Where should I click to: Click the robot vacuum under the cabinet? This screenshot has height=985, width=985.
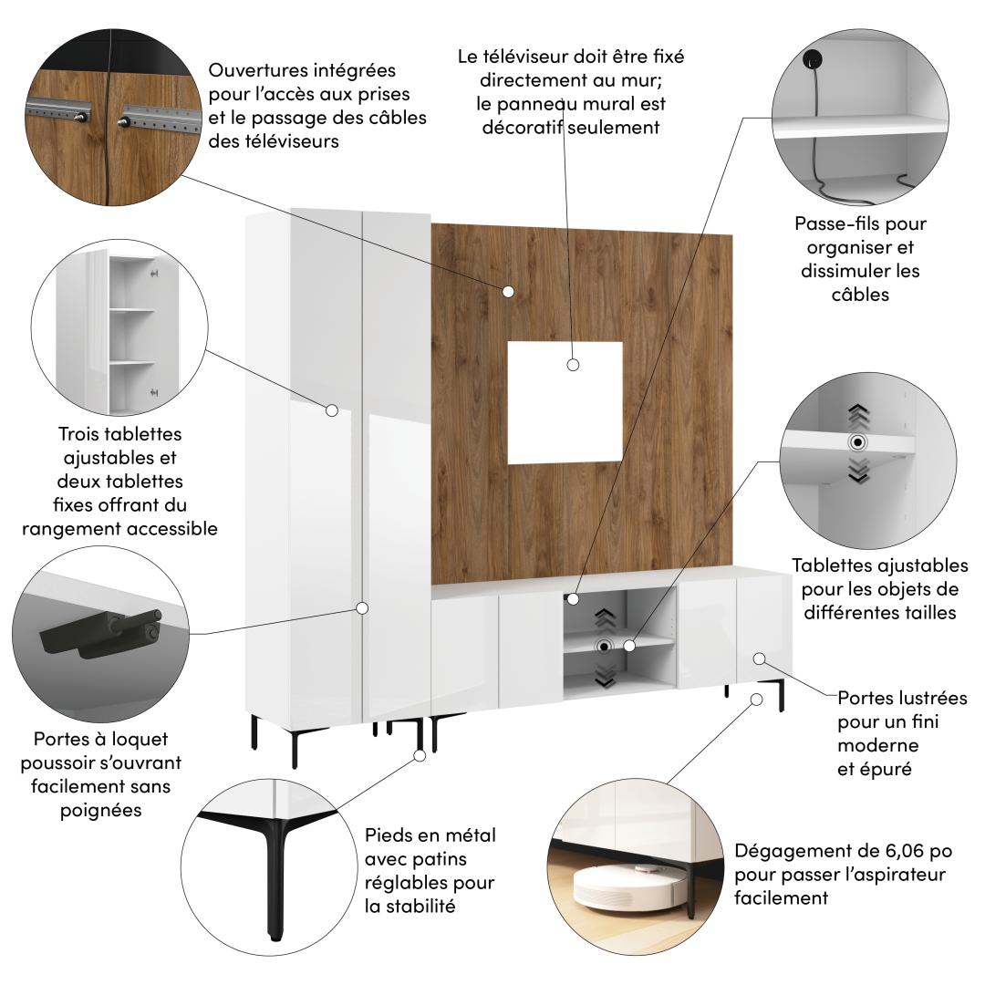[x=625, y=886]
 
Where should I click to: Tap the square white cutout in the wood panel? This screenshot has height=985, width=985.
[x=565, y=403]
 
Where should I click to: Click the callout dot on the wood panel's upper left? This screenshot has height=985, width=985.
[x=508, y=292]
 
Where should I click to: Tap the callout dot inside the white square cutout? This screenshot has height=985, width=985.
[x=572, y=364]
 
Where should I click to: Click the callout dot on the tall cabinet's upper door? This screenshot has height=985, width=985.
[x=332, y=410]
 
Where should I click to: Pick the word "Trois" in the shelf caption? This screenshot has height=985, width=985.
[x=79, y=434]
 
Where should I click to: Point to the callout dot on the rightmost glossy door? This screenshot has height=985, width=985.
[x=759, y=658]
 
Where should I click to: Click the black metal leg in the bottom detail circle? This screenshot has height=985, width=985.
[x=273, y=867]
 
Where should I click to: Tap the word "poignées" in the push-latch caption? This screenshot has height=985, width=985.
[x=100, y=811]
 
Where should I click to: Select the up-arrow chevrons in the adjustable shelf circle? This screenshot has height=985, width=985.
[x=858, y=416]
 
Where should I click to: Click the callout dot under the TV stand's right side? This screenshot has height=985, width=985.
[x=756, y=700]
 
